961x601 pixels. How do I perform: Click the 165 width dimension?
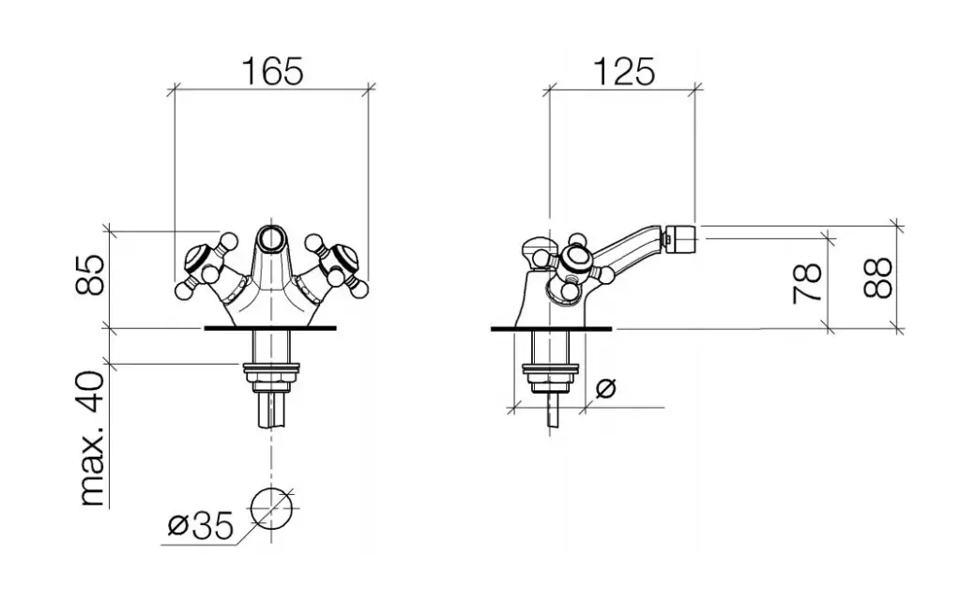273,71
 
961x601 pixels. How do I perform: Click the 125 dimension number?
624,71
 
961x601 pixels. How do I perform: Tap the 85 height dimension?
90,276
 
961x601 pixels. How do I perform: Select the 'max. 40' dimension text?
92,438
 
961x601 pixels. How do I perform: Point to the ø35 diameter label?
201,526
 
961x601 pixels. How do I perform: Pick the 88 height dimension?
877,278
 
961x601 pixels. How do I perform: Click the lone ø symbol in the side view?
605,387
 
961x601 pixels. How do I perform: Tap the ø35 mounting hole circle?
271,509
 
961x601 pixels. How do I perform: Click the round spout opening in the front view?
270,238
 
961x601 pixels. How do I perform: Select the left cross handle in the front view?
205,263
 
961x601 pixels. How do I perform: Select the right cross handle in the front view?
336,263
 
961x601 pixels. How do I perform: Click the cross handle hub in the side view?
574,260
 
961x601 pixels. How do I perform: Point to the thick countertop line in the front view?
270,329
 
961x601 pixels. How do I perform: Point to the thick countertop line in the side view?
551,329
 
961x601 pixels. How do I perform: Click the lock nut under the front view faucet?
270,376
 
